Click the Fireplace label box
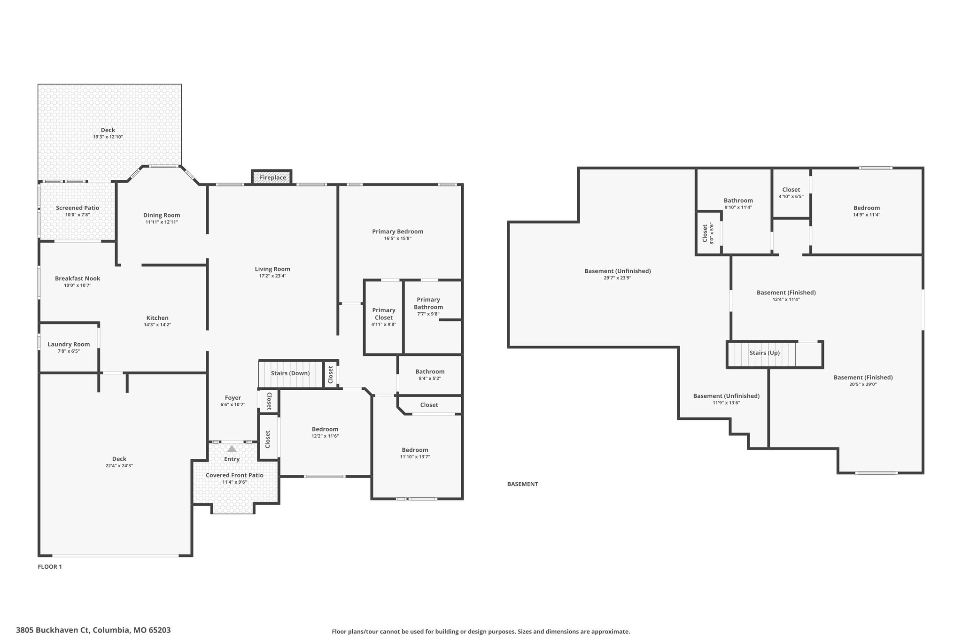click(272, 178)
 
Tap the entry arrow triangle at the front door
click(232, 449)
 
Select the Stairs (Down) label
click(290, 373)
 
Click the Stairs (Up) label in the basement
click(764, 353)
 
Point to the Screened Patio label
click(78, 208)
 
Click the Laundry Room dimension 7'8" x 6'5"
click(69, 351)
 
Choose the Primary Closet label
click(384, 314)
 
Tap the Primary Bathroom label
click(428, 303)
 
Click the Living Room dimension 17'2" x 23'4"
click(272, 276)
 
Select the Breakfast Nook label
click(78, 278)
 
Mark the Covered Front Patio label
click(234, 475)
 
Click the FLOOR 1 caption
click(50, 567)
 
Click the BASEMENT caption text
click(522, 484)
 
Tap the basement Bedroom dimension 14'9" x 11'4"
click(867, 215)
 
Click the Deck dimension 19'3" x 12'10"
click(108, 137)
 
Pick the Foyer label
click(233, 398)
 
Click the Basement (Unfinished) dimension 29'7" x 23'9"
click(617, 278)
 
